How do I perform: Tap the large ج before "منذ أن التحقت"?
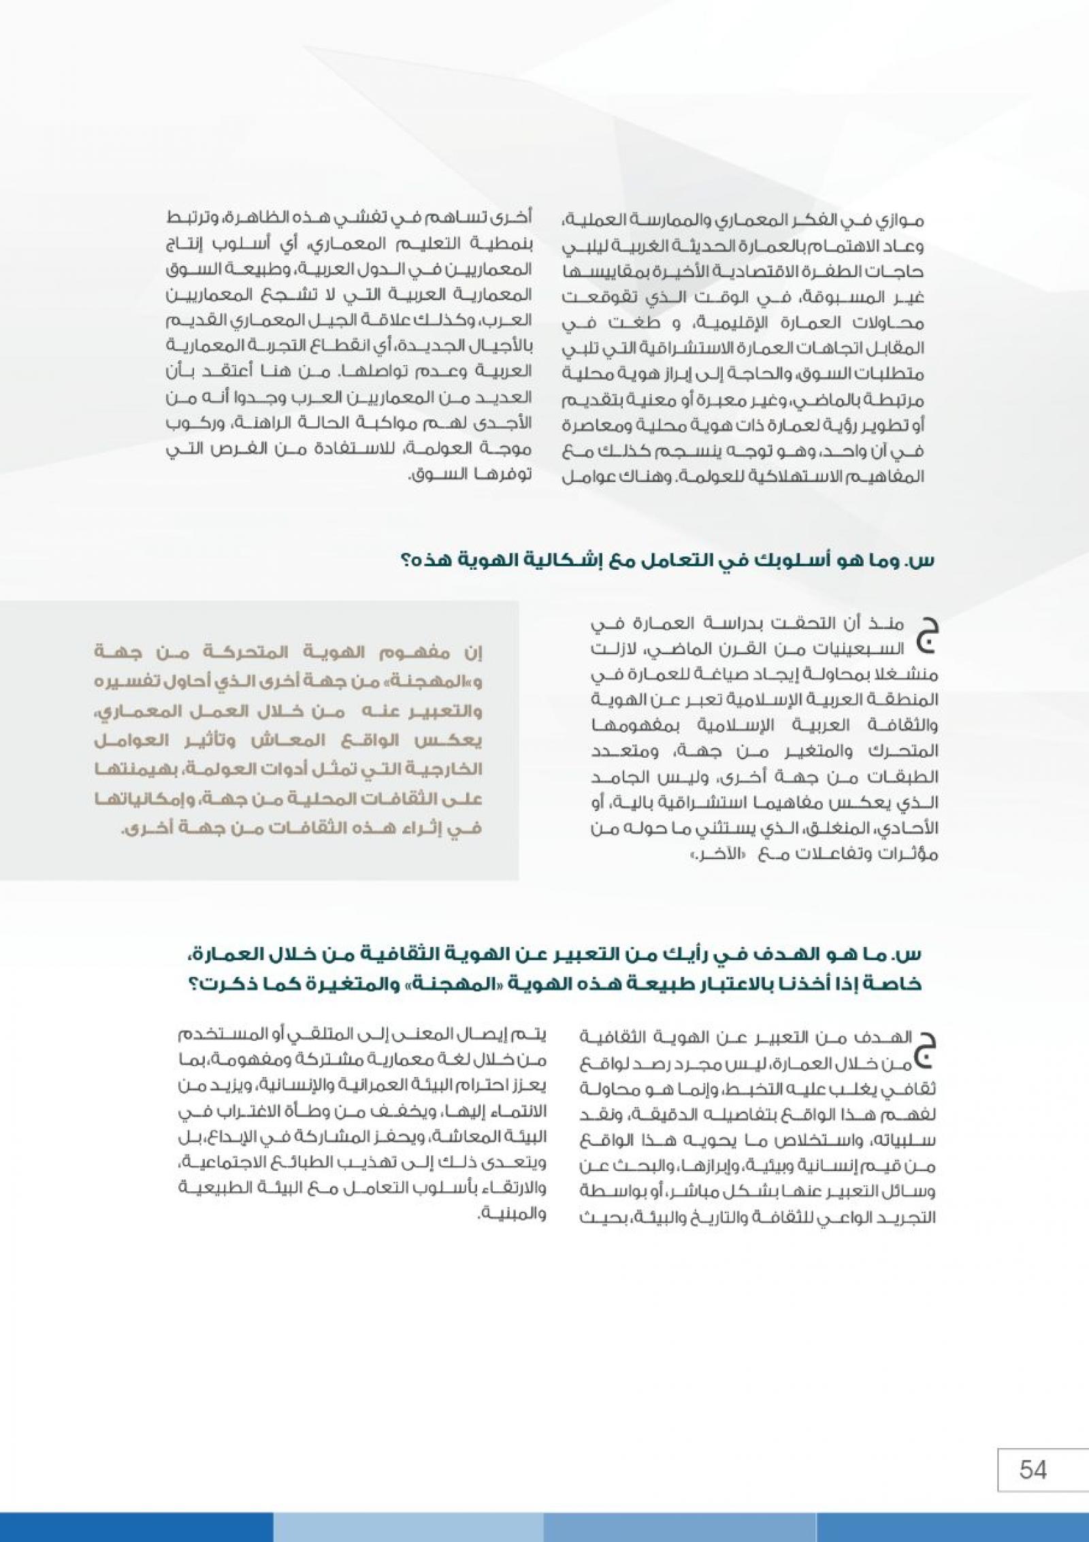click(925, 636)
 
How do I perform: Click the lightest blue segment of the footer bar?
click(408, 1528)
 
